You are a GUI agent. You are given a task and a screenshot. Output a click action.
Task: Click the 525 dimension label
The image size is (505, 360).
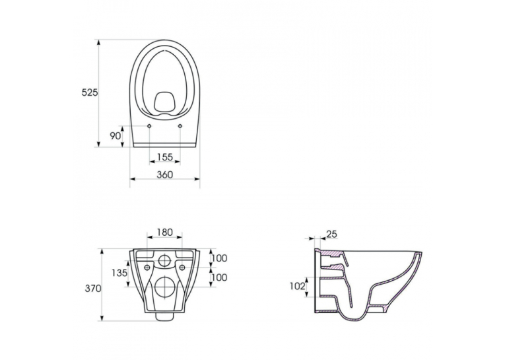click(x=89, y=92)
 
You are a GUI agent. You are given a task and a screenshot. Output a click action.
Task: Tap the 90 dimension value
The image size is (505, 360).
click(x=116, y=135)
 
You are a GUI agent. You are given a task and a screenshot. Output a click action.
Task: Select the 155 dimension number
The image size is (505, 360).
click(x=165, y=157)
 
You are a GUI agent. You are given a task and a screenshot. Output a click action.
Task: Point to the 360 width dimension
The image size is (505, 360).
click(x=165, y=174)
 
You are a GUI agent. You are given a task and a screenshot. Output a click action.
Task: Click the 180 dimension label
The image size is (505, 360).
click(x=165, y=232)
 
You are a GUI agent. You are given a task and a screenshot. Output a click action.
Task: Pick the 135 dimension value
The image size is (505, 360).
click(x=119, y=273)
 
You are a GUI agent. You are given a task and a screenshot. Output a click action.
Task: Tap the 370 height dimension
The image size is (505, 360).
click(x=93, y=289)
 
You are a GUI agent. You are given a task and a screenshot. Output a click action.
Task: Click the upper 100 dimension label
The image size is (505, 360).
click(x=219, y=258)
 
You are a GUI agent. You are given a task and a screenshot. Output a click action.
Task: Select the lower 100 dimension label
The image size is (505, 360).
click(x=219, y=277)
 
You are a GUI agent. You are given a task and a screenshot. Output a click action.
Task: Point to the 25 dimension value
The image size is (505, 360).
click(x=332, y=234)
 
